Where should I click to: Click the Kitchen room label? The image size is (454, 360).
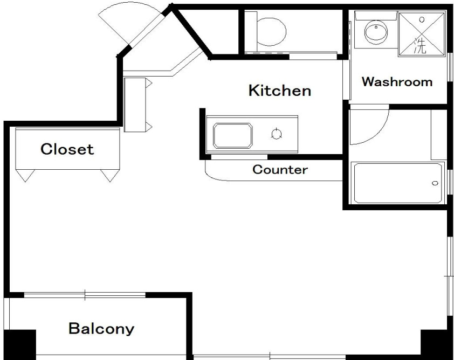(280, 91)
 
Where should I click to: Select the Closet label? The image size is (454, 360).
(67, 149)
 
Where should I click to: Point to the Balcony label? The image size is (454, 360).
(101, 329)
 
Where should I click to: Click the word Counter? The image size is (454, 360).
(280, 170)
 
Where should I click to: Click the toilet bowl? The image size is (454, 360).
(271, 32)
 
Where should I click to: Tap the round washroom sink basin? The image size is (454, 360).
(376, 32)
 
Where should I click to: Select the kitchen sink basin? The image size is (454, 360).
(232, 136)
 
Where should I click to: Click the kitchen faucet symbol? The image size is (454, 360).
(277, 134)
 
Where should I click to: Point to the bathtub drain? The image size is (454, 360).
(435, 183)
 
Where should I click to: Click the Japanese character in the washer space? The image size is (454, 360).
(420, 46)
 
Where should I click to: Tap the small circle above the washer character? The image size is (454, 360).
(422, 20)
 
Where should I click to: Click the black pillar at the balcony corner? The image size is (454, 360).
(20, 345)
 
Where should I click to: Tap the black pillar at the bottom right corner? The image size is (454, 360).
(437, 345)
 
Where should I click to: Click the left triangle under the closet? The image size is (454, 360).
(25, 175)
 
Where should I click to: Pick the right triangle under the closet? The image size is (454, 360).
(110, 175)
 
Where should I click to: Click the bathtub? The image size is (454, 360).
(398, 183)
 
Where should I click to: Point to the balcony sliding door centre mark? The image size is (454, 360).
(85, 295)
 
